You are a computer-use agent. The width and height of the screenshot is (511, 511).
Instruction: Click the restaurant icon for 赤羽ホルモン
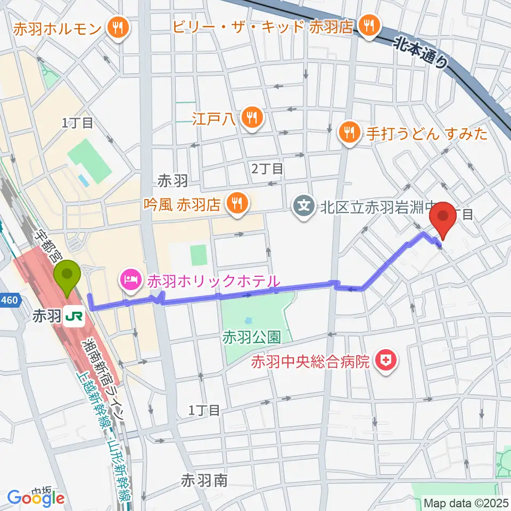118,27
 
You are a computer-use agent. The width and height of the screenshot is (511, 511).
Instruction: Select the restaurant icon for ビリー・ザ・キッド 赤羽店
368,25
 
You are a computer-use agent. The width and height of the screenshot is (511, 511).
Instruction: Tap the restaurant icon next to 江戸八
250,117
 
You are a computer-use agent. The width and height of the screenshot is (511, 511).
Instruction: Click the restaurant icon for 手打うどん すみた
349,134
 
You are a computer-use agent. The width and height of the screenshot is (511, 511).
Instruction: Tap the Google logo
36,498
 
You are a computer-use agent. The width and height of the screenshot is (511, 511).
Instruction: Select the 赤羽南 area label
204,481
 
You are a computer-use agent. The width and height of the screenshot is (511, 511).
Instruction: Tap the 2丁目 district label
267,169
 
